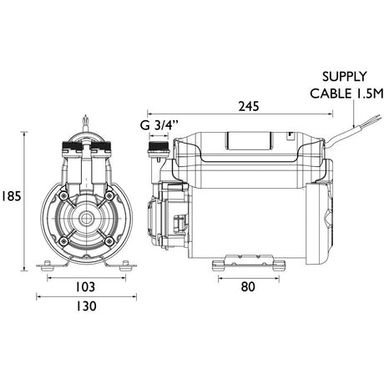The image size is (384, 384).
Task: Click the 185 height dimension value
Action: (11, 197)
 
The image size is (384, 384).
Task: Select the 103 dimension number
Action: (85, 287)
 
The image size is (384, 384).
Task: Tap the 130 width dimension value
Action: (86, 306)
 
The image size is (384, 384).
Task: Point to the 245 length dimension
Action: (249, 106)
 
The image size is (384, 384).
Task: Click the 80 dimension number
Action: (248, 287)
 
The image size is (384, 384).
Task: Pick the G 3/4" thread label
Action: (159, 125)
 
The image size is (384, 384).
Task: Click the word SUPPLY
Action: (345, 77)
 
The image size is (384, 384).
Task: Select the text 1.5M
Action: (369, 93)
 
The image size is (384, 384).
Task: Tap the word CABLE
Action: (331, 93)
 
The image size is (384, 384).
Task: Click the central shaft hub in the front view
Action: (86, 219)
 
